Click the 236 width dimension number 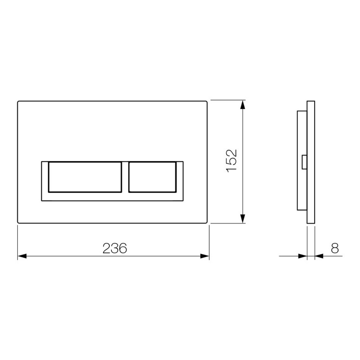[114, 248]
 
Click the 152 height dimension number [232, 160]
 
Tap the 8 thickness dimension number [335, 248]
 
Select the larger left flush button [85, 177]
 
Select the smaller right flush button [152, 177]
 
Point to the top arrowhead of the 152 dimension [243, 104]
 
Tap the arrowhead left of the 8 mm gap [303, 256]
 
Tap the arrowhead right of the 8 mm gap [319, 256]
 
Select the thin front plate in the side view [311, 162]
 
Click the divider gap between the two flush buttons [125, 177]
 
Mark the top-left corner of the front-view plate [18, 102]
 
